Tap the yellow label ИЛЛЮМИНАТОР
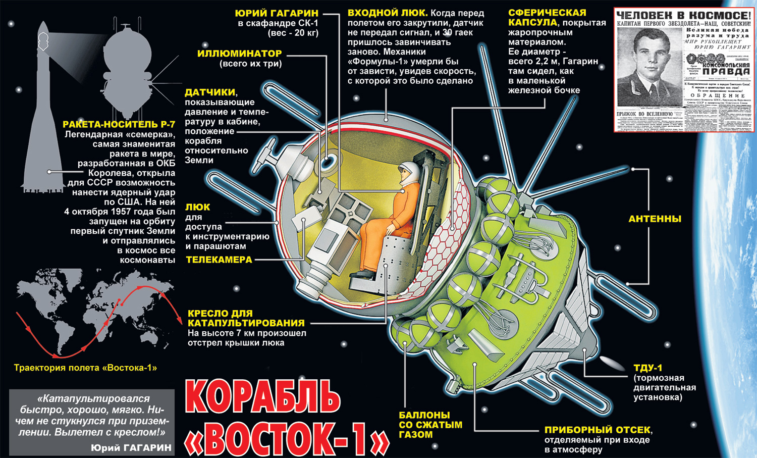tap(240, 54)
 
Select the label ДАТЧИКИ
tap(210, 92)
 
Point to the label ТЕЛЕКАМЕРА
tap(219, 260)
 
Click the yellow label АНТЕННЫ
tap(655, 219)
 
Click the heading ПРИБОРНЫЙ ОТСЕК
tap(597, 430)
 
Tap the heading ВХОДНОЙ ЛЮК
tap(387, 13)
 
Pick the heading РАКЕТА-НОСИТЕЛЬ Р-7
tap(119, 124)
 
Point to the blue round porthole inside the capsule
tap(327, 161)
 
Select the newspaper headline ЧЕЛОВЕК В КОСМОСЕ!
tap(683, 16)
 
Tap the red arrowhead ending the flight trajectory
tap(180, 320)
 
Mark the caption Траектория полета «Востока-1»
tap(85, 368)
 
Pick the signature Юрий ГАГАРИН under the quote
tap(131, 447)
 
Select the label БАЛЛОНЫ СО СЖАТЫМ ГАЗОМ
tap(430, 425)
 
